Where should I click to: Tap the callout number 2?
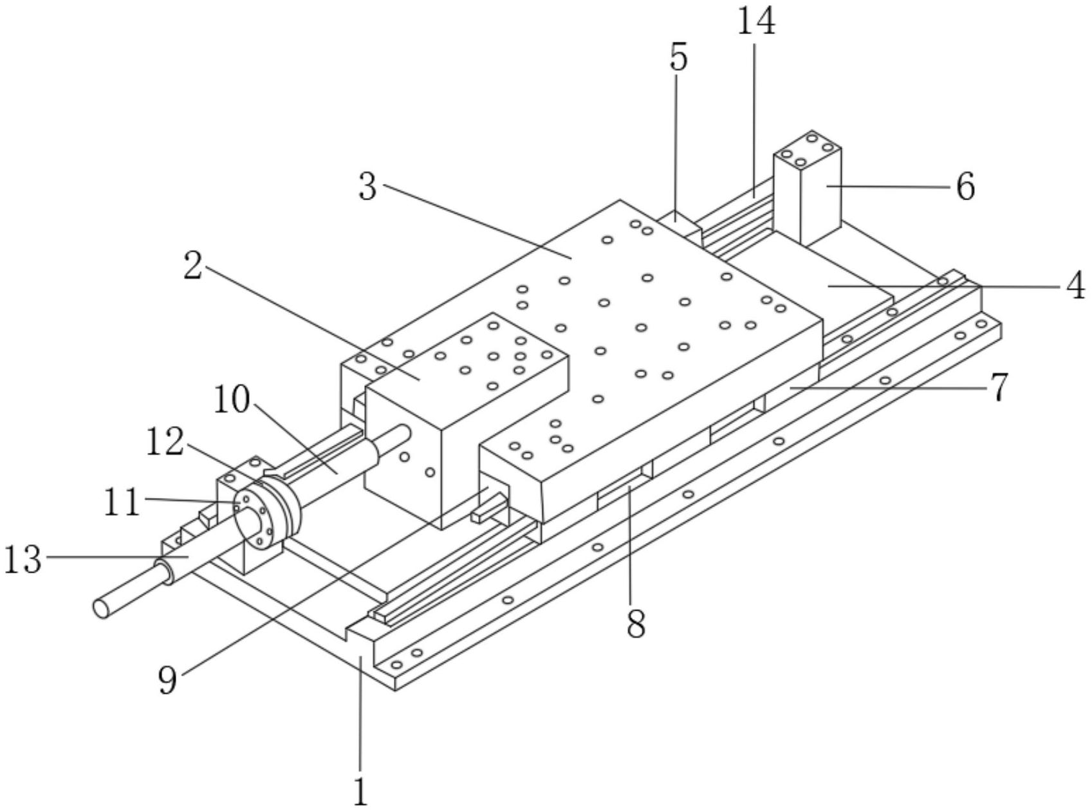[192, 265]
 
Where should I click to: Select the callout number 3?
[367, 187]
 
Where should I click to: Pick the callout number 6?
[965, 187]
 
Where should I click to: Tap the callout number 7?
[998, 388]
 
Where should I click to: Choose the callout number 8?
[636, 623]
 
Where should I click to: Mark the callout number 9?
[167, 679]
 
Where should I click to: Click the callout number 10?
[232, 400]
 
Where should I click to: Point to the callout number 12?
[166, 443]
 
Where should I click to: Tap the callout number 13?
[24, 558]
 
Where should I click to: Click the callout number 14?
[755, 21]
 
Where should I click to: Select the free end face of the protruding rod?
[101, 607]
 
